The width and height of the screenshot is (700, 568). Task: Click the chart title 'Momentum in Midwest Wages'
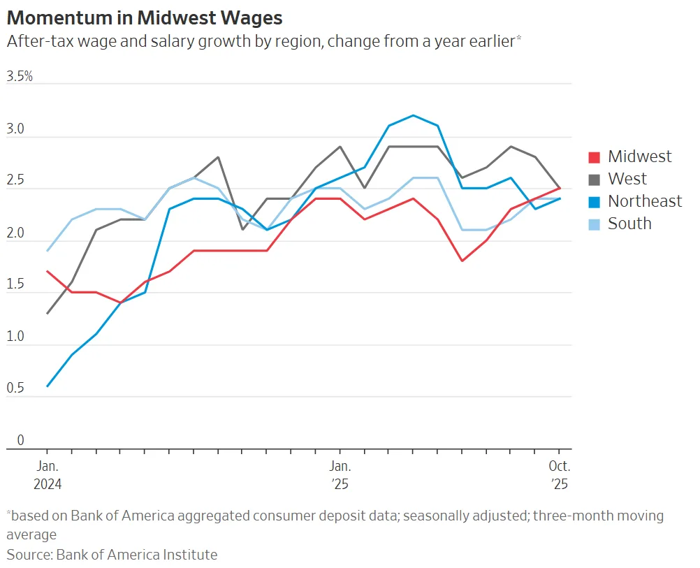(x=145, y=17)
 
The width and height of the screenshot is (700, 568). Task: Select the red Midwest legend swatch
(x=595, y=157)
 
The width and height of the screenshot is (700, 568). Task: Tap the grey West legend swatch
(x=595, y=180)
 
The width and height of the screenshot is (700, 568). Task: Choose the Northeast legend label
(x=644, y=201)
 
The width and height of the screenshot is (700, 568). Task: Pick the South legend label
(x=629, y=224)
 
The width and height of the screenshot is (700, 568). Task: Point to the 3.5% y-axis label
(x=20, y=77)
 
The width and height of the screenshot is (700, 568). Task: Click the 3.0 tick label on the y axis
(x=16, y=130)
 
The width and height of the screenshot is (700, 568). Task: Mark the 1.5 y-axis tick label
(x=16, y=285)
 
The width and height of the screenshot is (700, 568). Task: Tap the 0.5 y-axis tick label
(x=16, y=388)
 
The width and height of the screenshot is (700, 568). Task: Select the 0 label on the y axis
(x=20, y=440)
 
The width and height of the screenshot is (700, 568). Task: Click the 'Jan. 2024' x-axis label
(x=47, y=474)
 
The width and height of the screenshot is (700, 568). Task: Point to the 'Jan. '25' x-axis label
(x=340, y=474)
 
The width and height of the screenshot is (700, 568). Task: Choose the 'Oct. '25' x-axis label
(x=560, y=474)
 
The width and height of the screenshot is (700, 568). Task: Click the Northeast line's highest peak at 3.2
(x=413, y=115)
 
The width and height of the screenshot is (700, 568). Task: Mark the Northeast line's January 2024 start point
(x=47, y=386)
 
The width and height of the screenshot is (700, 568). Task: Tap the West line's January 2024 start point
(x=47, y=314)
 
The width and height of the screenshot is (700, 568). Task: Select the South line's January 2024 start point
(x=47, y=251)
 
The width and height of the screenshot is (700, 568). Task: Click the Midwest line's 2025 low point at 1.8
(x=462, y=261)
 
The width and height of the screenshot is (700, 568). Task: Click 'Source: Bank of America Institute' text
(x=112, y=555)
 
